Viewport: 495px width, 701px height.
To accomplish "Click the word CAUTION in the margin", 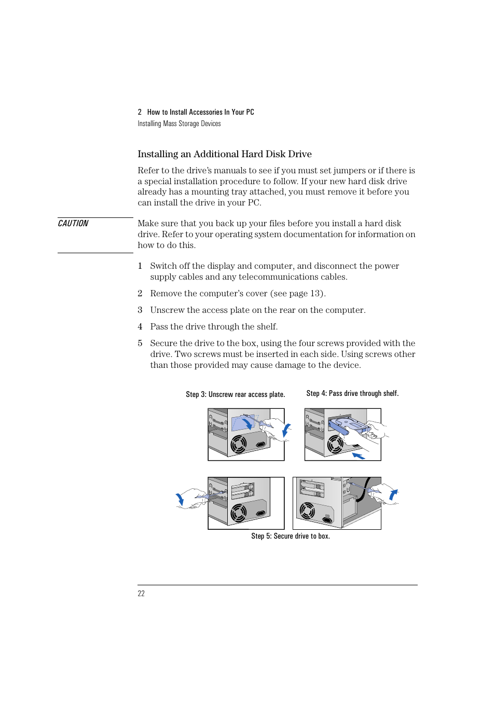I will point(73,224).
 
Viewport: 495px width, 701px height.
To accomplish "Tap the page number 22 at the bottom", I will point(141,594).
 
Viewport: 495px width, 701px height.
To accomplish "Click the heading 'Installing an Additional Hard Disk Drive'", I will point(224,154).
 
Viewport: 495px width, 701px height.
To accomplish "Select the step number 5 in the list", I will point(140,343).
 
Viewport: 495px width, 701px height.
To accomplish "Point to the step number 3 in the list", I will point(140,310).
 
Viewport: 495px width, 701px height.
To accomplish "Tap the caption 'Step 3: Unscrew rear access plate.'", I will point(235,394).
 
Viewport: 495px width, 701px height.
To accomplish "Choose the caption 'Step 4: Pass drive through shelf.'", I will point(352,393).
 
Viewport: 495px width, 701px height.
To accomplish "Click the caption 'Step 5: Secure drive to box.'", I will point(290,536).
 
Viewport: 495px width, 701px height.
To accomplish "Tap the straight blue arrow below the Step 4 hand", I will point(359,456).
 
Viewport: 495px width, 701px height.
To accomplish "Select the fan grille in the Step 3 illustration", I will point(238,445).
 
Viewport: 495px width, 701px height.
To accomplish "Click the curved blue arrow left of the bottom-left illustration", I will point(180,499).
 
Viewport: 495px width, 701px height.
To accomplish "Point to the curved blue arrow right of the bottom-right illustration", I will point(394,495).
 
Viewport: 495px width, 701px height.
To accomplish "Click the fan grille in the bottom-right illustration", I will point(307,511).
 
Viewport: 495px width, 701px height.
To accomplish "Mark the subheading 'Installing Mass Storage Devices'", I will point(179,123).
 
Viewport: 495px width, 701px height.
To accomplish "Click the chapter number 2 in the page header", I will point(140,112).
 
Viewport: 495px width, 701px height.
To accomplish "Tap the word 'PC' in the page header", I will point(250,112).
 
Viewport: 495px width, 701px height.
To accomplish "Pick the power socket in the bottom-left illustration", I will point(261,513).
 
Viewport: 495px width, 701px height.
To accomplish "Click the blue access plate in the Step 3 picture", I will point(242,423).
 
